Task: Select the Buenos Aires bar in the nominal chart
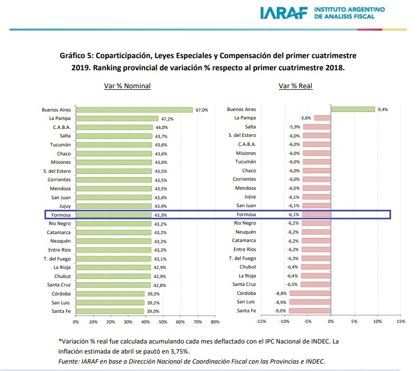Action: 134,110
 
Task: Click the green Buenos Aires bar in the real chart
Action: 353,109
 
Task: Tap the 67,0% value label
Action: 202,110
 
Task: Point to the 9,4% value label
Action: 383,109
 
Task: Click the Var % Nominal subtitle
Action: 128,86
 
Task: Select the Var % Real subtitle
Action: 295,86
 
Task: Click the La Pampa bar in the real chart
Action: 323,118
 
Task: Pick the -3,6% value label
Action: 305,118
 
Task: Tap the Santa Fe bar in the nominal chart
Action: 110,311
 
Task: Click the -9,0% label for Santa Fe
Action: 280,311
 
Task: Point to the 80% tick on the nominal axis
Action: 215,322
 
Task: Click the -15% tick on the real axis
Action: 261,321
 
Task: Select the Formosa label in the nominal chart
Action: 61,215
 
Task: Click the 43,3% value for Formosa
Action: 161,215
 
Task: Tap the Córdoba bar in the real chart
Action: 310,293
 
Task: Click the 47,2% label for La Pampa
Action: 167,119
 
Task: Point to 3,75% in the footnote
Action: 180,351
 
